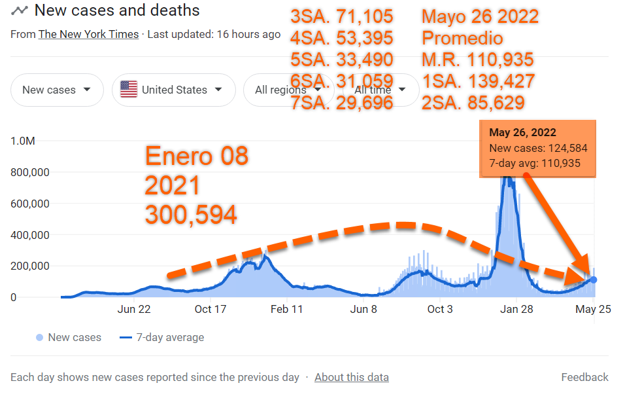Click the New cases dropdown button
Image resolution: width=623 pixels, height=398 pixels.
click(x=57, y=90)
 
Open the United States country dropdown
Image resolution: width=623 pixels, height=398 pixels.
click(x=174, y=90)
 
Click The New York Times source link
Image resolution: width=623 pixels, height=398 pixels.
click(x=88, y=34)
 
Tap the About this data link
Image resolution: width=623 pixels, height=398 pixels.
click(x=352, y=377)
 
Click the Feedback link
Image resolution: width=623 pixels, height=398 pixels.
click(x=584, y=377)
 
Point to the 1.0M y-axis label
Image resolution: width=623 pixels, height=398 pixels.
click(x=23, y=141)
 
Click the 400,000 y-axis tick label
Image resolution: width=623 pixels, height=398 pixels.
click(x=32, y=235)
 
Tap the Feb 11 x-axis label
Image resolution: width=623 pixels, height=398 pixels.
click(x=287, y=310)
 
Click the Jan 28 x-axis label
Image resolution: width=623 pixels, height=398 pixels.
click(x=516, y=310)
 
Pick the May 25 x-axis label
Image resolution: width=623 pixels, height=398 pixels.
click(x=594, y=310)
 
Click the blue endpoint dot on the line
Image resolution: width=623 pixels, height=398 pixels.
click(x=594, y=280)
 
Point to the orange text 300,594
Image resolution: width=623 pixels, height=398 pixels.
click(x=191, y=215)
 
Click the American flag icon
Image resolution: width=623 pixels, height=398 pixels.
click(x=129, y=90)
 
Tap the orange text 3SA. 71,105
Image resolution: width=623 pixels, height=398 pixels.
click(x=342, y=16)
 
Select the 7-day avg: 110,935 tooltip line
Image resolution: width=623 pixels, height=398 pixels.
click(x=535, y=163)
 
